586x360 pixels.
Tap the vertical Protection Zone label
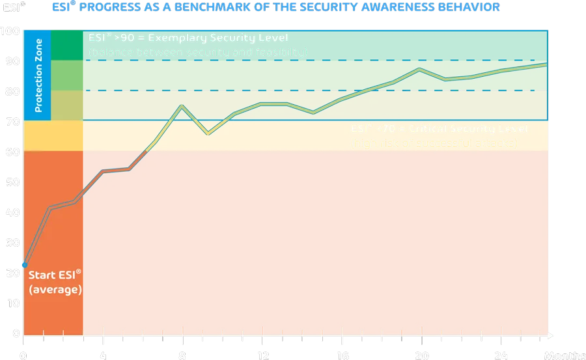pyautogui.click(x=38, y=76)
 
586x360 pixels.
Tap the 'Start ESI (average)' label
pyautogui.click(x=55, y=282)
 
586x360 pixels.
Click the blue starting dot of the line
pyautogui.click(x=24, y=265)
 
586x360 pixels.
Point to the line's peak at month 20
pyautogui.click(x=420, y=68)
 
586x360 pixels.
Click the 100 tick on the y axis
pyautogui.click(x=10, y=31)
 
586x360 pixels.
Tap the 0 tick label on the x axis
pyautogui.click(x=23, y=355)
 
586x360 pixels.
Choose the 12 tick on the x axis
pyautogui.click(x=262, y=355)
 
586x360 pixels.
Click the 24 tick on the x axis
pyautogui.click(x=501, y=355)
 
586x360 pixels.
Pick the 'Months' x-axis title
pyautogui.click(x=565, y=355)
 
